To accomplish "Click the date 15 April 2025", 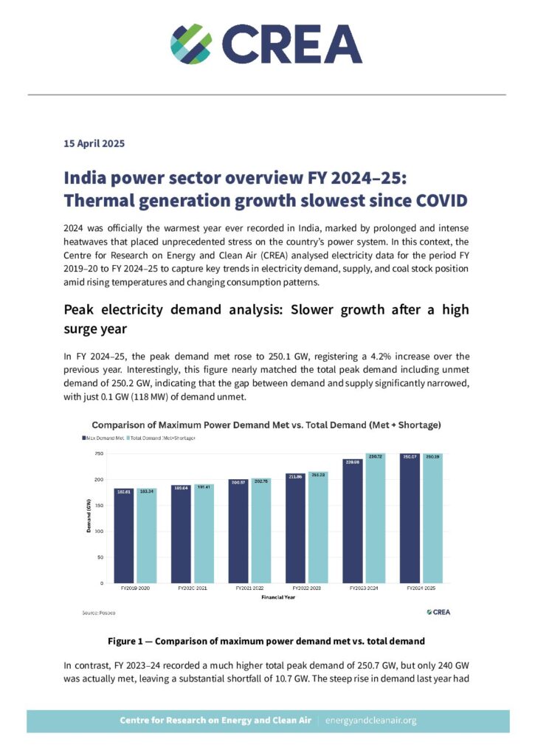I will (x=94, y=143).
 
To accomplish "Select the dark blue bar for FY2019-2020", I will (x=124, y=535).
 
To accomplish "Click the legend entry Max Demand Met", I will (x=103, y=439).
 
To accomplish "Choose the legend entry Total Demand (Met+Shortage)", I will (x=162, y=439).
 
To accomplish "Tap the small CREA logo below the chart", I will (x=438, y=612).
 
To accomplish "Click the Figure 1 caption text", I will (x=266, y=639).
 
